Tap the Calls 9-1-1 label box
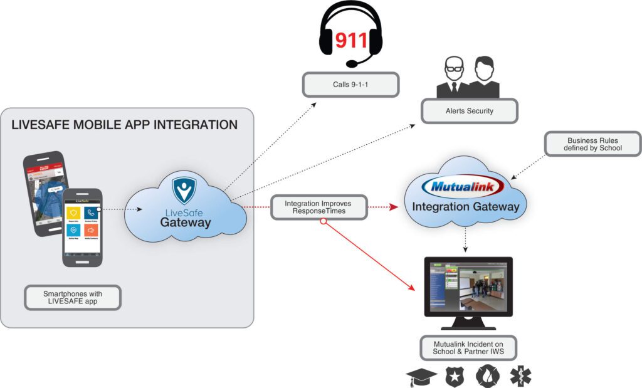coord(350,85)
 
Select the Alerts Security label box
coord(470,111)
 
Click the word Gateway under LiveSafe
coord(185,222)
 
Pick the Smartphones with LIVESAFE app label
coord(73,298)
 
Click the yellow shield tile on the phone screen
coord(73,212)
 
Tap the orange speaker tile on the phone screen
coord(91,231)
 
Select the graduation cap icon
coord(421,376)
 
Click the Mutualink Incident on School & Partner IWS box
coord(468,348)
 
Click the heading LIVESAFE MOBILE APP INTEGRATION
coord(125,125)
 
